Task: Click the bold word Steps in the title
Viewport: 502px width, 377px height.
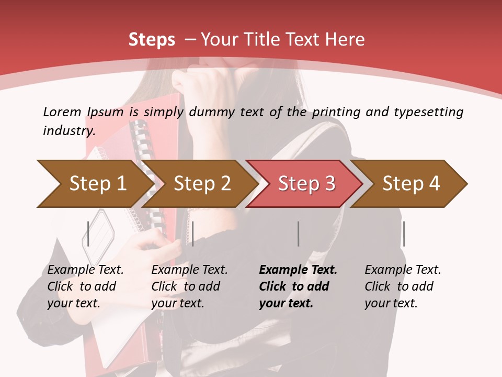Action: [x=152, y=40]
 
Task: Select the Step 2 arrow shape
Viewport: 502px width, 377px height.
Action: [x=202, y=183]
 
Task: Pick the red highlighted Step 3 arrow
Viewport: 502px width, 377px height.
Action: [x=306, y=183]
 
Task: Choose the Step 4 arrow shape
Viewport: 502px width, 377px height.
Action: [x=411, y=183]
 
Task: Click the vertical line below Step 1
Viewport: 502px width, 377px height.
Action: [x=88, y=234]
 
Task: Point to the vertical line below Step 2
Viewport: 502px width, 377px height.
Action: [x=193, y=234]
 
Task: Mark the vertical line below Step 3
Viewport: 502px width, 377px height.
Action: [x=298, y=234]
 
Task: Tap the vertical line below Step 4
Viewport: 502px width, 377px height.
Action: [x=404, y=234]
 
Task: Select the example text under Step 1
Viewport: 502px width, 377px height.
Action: [x=85, y=286]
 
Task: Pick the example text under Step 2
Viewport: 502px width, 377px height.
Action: [x=189, y=286]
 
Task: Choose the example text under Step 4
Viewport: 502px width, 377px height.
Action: [x=402, y=286]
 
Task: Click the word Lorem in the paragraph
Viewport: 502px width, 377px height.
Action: [x=62, y=112]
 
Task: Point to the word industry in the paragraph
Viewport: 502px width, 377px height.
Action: [x=69, y=130]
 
